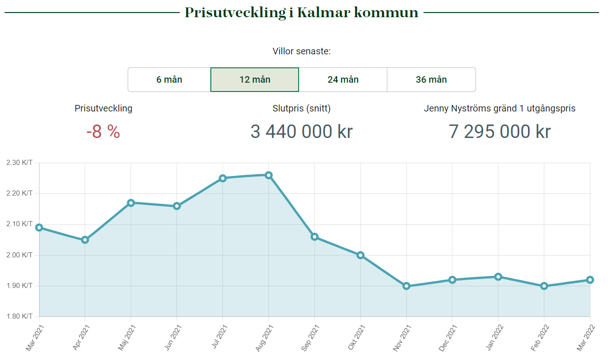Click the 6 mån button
(x=169, y=79)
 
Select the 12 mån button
(x=254, y=79)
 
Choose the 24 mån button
(x=343, y=79)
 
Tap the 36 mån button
(x=431, y=79)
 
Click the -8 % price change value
(x=103, y=132)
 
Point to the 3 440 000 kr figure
(x=301, y=131)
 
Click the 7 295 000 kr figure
(x=500, y=131)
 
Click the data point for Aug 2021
(x=268, y=175)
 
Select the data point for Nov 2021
(x=406, y=286)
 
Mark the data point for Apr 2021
(x=85, y=240)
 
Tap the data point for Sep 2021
(x=314, y=237)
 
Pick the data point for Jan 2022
(x=498, y=277)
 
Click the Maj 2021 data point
(x=131, y=203)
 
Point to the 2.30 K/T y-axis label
(x=20, y=163)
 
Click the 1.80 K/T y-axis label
(x=20, y=317)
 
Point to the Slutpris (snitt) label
(x=301, y=109)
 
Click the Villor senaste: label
(x=301, y=51)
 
